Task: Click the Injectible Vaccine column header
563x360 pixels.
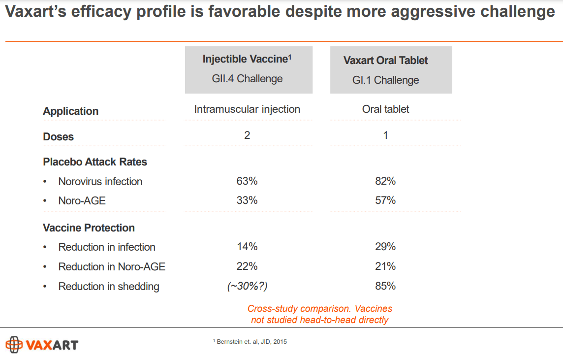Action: click(248, 69)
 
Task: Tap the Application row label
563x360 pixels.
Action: click(70, 111)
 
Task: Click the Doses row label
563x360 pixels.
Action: click(58, 137)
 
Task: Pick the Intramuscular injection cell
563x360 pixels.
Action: click(247, 109)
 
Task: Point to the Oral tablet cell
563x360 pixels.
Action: click(385, 109)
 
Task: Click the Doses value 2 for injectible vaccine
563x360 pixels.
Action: click(247, 135)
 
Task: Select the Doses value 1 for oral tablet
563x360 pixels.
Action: click(385, 135)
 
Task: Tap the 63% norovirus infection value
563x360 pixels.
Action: click(247, 181)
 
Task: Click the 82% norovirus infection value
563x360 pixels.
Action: click(385, 181)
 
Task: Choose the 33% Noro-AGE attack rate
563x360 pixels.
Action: click(247, 200)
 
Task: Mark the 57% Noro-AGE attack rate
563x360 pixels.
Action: click(385, 200)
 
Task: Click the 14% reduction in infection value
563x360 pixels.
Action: click(247, 247)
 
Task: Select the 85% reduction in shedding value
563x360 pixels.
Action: click(385, 286)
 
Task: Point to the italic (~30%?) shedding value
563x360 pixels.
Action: click(247, 286)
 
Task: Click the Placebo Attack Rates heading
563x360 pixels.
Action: click(95, 162)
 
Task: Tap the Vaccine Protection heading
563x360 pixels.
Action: click(89, 228)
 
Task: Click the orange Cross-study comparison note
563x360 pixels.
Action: click(320, 314)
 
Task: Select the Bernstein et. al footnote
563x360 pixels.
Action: click(250, 342)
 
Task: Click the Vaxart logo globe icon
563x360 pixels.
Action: click(14, 344)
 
